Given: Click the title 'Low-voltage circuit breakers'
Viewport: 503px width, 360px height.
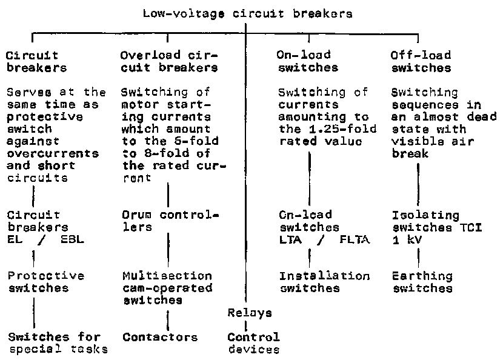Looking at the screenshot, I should (247, 13).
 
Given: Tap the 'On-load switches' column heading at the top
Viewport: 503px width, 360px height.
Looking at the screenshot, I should (307, 61).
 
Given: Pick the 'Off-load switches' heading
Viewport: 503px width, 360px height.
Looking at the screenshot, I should (421, 61).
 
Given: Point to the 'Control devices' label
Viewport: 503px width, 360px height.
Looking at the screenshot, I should (253, 343).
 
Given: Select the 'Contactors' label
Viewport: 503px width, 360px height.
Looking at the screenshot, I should (160, 337).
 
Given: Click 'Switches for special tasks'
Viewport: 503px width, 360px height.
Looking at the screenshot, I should (58, 342).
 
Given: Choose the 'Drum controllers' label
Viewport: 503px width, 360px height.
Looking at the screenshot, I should (170, 221).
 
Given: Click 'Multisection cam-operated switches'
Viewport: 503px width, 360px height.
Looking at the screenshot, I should (167, 288).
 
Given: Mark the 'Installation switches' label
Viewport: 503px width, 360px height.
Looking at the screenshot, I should (324, 282).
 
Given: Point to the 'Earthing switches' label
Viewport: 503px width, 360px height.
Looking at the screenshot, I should (422, 282).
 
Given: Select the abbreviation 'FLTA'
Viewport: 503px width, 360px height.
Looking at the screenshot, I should (356, 239).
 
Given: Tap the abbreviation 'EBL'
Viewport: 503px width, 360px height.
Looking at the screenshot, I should (72, 239).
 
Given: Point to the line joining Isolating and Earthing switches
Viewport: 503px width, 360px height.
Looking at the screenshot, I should (418, 255).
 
